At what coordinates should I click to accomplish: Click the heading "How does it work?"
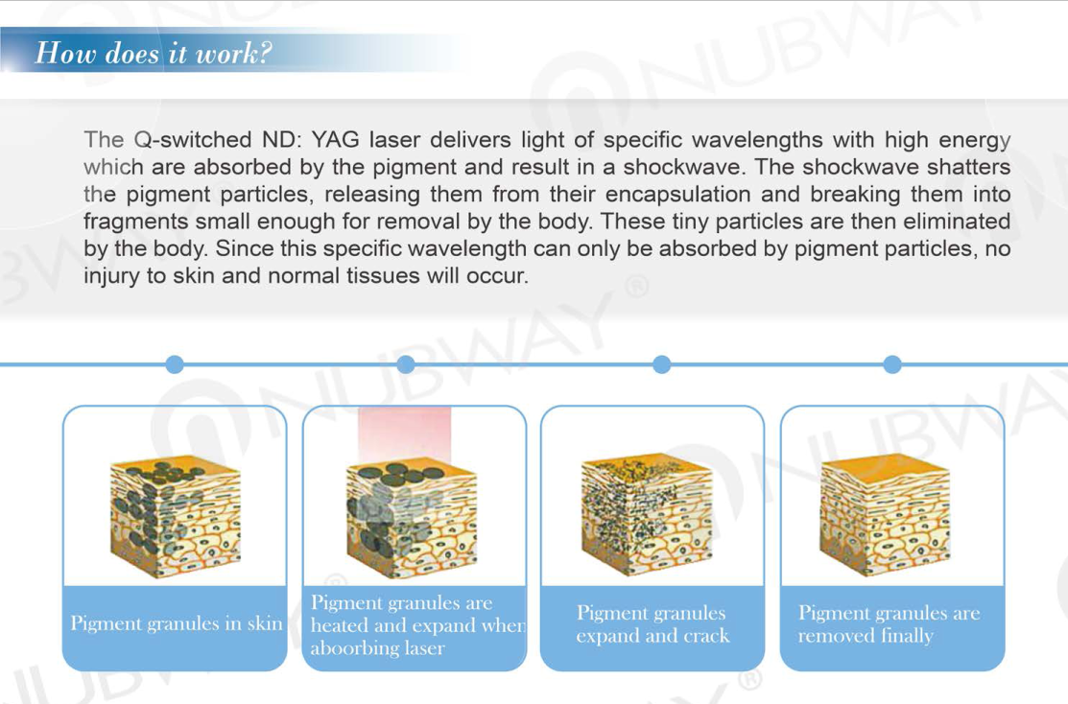154,53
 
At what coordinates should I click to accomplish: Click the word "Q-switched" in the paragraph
193,140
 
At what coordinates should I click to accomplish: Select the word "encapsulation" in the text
677,195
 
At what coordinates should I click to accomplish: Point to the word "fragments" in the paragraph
136,222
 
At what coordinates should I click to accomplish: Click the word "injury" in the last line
111,276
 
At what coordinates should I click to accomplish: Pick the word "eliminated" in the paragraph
957,222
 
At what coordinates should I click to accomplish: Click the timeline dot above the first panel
175,364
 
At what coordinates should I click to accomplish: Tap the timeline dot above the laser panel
406,364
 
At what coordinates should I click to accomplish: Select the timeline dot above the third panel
661,364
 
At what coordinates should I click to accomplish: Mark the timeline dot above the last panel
892,364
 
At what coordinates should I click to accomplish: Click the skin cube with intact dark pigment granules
175,517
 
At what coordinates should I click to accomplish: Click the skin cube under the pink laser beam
412,520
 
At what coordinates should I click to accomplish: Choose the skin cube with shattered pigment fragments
647,515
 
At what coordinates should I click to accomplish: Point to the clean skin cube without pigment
886,515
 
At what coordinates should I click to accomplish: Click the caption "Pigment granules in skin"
177,623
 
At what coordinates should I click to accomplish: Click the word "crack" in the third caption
704,636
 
